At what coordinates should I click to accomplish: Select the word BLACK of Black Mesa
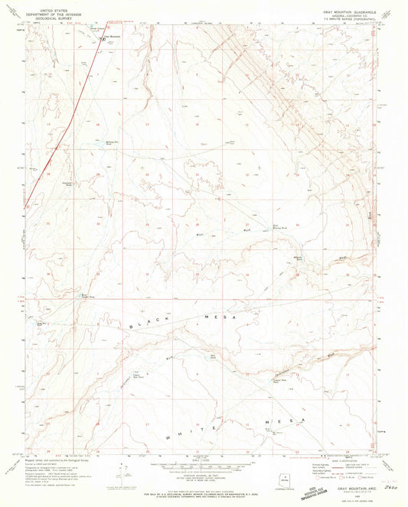(147, 325)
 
